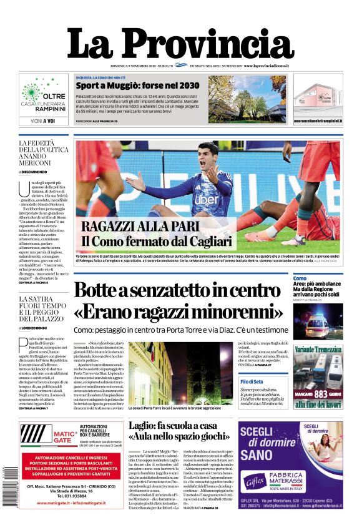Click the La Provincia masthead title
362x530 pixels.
180,43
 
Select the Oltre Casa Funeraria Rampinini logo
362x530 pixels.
43,97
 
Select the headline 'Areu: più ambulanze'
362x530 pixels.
318,284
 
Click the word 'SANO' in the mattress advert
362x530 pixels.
262,454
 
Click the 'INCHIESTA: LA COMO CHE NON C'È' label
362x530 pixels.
107,77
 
